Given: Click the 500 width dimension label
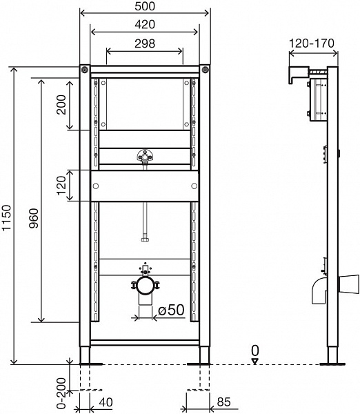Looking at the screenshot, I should tap(145, 6).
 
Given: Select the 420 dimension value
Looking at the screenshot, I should tap(145, 24).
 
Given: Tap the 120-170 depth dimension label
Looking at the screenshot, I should tap(312, 43).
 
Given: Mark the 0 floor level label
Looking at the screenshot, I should tap(255, 350).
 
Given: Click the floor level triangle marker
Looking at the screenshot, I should tap(255, 360).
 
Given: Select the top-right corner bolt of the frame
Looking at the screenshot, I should tap(205, 69).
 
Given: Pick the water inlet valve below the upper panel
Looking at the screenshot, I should tap(145, 156).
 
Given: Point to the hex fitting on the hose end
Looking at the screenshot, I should tap(145, 239).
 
